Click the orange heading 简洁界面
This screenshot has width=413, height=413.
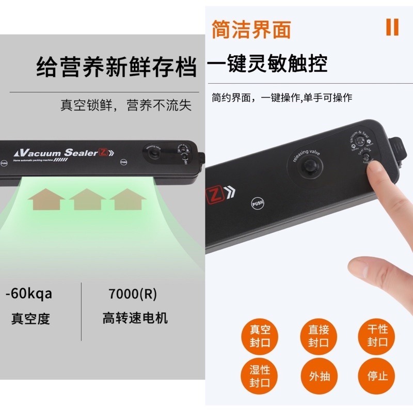[x=251, y=29]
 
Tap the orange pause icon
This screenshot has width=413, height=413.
[x=392, y=27]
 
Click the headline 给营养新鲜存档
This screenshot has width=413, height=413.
[x=117, y=68]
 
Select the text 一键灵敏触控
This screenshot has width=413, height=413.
[x=267, y=65]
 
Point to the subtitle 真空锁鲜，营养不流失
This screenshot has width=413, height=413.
[x=126, y=105]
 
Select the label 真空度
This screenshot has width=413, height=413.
[x=31, y=318]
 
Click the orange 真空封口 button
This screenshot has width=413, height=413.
[x=260, y=336]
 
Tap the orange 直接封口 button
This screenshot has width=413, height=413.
[x=319, y=336]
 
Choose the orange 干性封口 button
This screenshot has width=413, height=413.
[x=377, y=336]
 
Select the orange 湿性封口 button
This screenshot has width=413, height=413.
[x=260, y=376]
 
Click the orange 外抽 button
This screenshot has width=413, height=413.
[x=319, y=376]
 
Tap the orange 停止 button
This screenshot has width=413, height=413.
[x=377, y=376]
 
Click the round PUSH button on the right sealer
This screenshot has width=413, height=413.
[x=258, y=203]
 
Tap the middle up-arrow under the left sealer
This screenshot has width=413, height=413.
[x=87, y=199]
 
